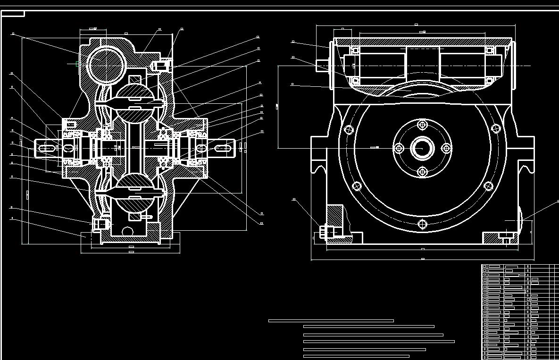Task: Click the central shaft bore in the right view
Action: coord(422,148)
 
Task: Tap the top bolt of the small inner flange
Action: coord(422,125)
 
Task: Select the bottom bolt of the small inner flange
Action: coord(422,171)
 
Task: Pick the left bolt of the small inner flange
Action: coord(399,148)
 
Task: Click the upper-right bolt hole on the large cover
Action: coord(495,128)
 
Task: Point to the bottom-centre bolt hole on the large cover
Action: coord(422,224)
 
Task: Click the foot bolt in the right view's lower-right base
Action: coord(506,235)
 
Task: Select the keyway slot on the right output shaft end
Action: coord(223,148)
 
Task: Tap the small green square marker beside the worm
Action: coord(78,64)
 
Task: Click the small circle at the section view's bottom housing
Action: coord(127,231)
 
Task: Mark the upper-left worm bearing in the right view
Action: coord(355,50)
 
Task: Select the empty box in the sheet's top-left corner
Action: coord(13,14)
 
